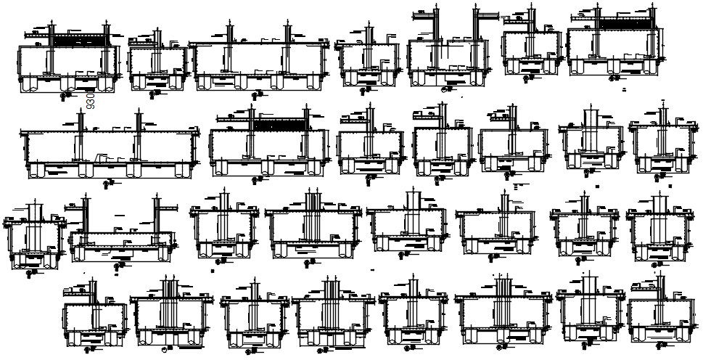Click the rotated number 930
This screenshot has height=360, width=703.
[91, 99]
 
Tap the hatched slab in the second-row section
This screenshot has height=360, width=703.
[279, 125]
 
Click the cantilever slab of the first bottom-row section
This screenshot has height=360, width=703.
[76, 292]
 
